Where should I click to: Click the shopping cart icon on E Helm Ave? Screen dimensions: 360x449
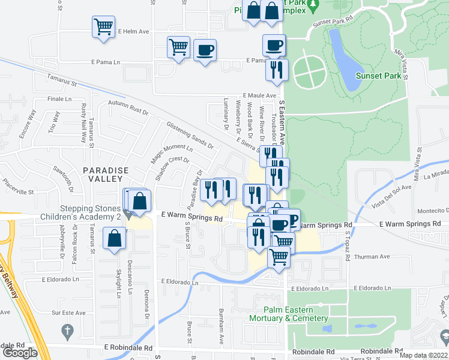tap(103, 27)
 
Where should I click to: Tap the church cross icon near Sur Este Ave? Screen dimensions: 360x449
tap(67, 331)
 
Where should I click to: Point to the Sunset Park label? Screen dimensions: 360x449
tap(376, 76)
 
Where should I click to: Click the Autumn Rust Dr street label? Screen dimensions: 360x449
tap(128, 107)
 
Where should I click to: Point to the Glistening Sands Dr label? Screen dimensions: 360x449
tap(191, 135)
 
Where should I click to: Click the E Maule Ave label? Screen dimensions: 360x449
tap(259, 95)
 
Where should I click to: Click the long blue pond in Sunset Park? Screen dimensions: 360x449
tap(342, 60)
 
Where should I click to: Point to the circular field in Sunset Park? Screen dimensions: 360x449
tap(310, 71)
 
